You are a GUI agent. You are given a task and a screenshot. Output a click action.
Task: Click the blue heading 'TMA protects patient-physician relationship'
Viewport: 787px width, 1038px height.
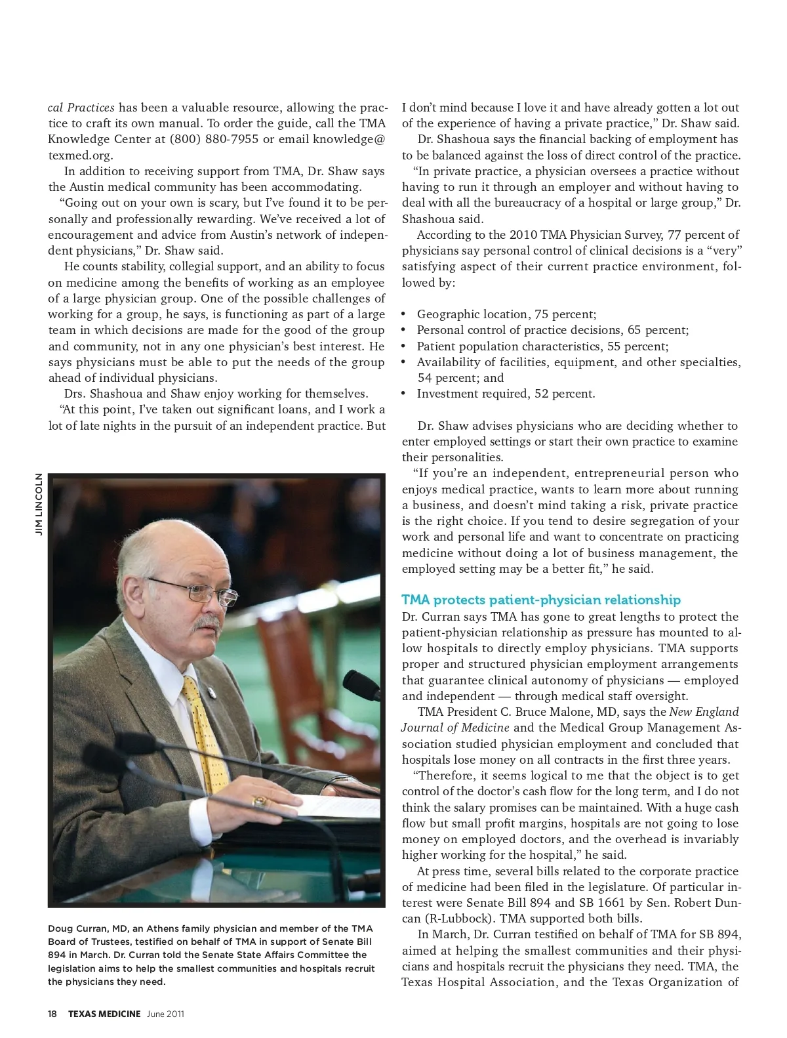point(541,600)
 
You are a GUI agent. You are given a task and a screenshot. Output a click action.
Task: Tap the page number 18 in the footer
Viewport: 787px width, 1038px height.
point(52,1014)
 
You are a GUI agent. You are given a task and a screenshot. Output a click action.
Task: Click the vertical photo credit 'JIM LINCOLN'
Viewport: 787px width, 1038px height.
point(39,505)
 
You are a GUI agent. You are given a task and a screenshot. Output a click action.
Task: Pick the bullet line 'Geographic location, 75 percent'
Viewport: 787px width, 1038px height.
point(506,314)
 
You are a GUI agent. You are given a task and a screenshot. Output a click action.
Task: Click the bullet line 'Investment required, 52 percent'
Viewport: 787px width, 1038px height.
point(506,394)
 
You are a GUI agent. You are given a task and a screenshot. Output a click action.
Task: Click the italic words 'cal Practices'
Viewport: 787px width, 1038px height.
point(81,108)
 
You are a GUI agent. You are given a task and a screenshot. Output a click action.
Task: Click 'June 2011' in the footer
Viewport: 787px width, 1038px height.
point(165,1014)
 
